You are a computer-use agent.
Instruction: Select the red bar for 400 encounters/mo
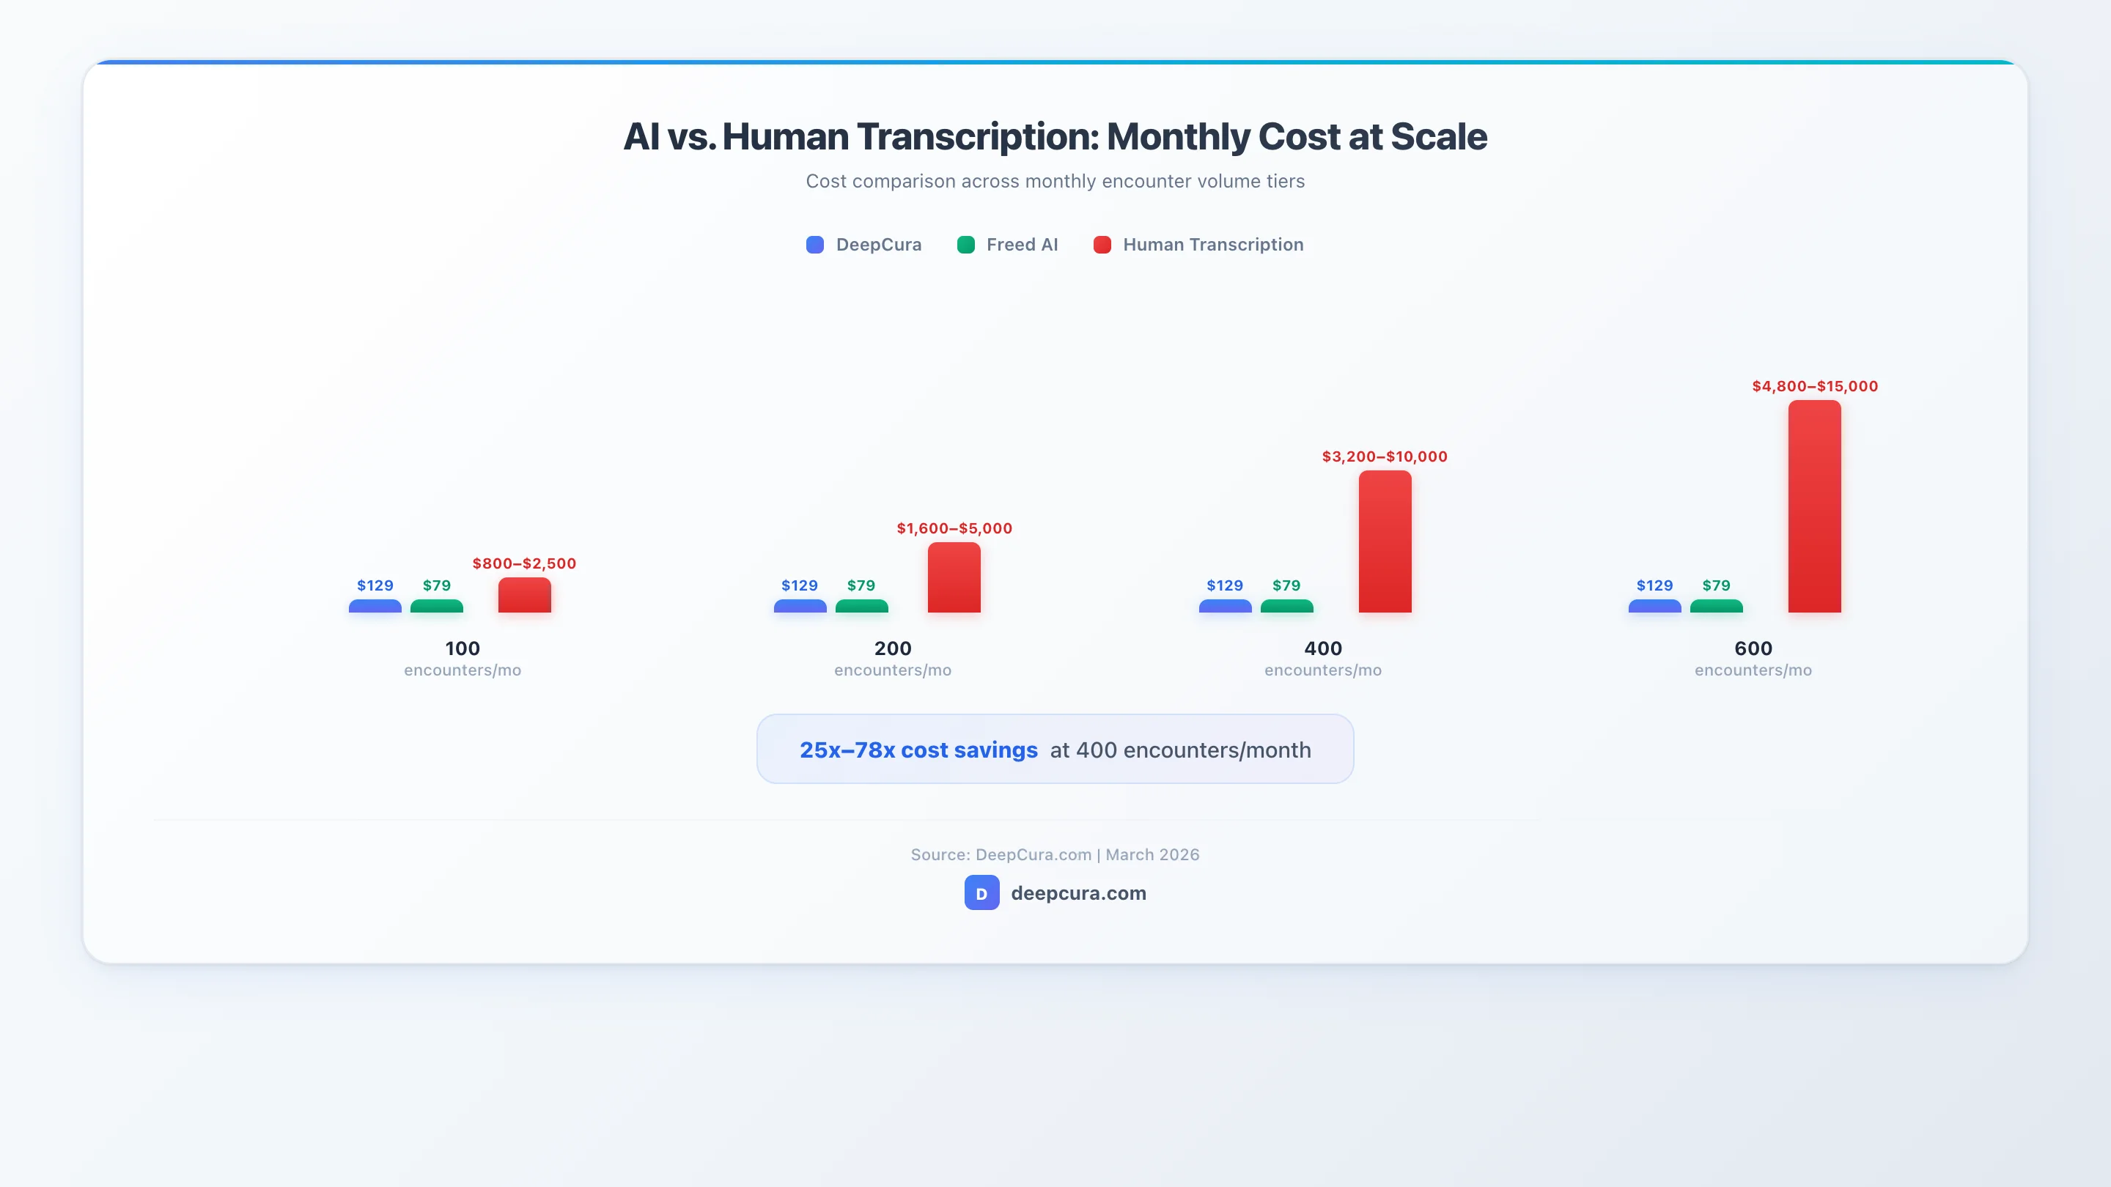click(x=1384, y=541)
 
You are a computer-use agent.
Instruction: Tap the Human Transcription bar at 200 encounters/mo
click(x=954, y=577)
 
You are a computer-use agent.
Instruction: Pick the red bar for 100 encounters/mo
click(x=525, y=596)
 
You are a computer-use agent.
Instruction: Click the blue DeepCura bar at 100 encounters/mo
click(x=375, y=606)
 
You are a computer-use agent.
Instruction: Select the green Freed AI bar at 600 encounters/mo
click(x=1716, y=606)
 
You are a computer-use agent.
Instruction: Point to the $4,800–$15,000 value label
click(x=1814, y=386)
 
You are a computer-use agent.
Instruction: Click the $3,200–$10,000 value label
click(x=1384, y=456)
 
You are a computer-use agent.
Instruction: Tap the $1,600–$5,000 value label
click(x=954, y=528)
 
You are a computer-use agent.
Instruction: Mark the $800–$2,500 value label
click(x=525, y=563)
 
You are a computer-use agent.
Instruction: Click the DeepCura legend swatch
click(x=814, y=245)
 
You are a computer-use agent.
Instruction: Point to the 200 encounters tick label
click(x=893, y=648)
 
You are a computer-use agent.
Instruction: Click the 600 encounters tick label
click(x=1753, y=648)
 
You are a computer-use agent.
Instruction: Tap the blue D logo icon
click(x=981, y=893)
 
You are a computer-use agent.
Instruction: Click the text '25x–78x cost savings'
click(x=918, y=750)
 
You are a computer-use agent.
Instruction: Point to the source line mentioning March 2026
click(x=1055, y=854)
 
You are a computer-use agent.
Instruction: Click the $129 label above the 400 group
click(x=1224, y=585)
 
